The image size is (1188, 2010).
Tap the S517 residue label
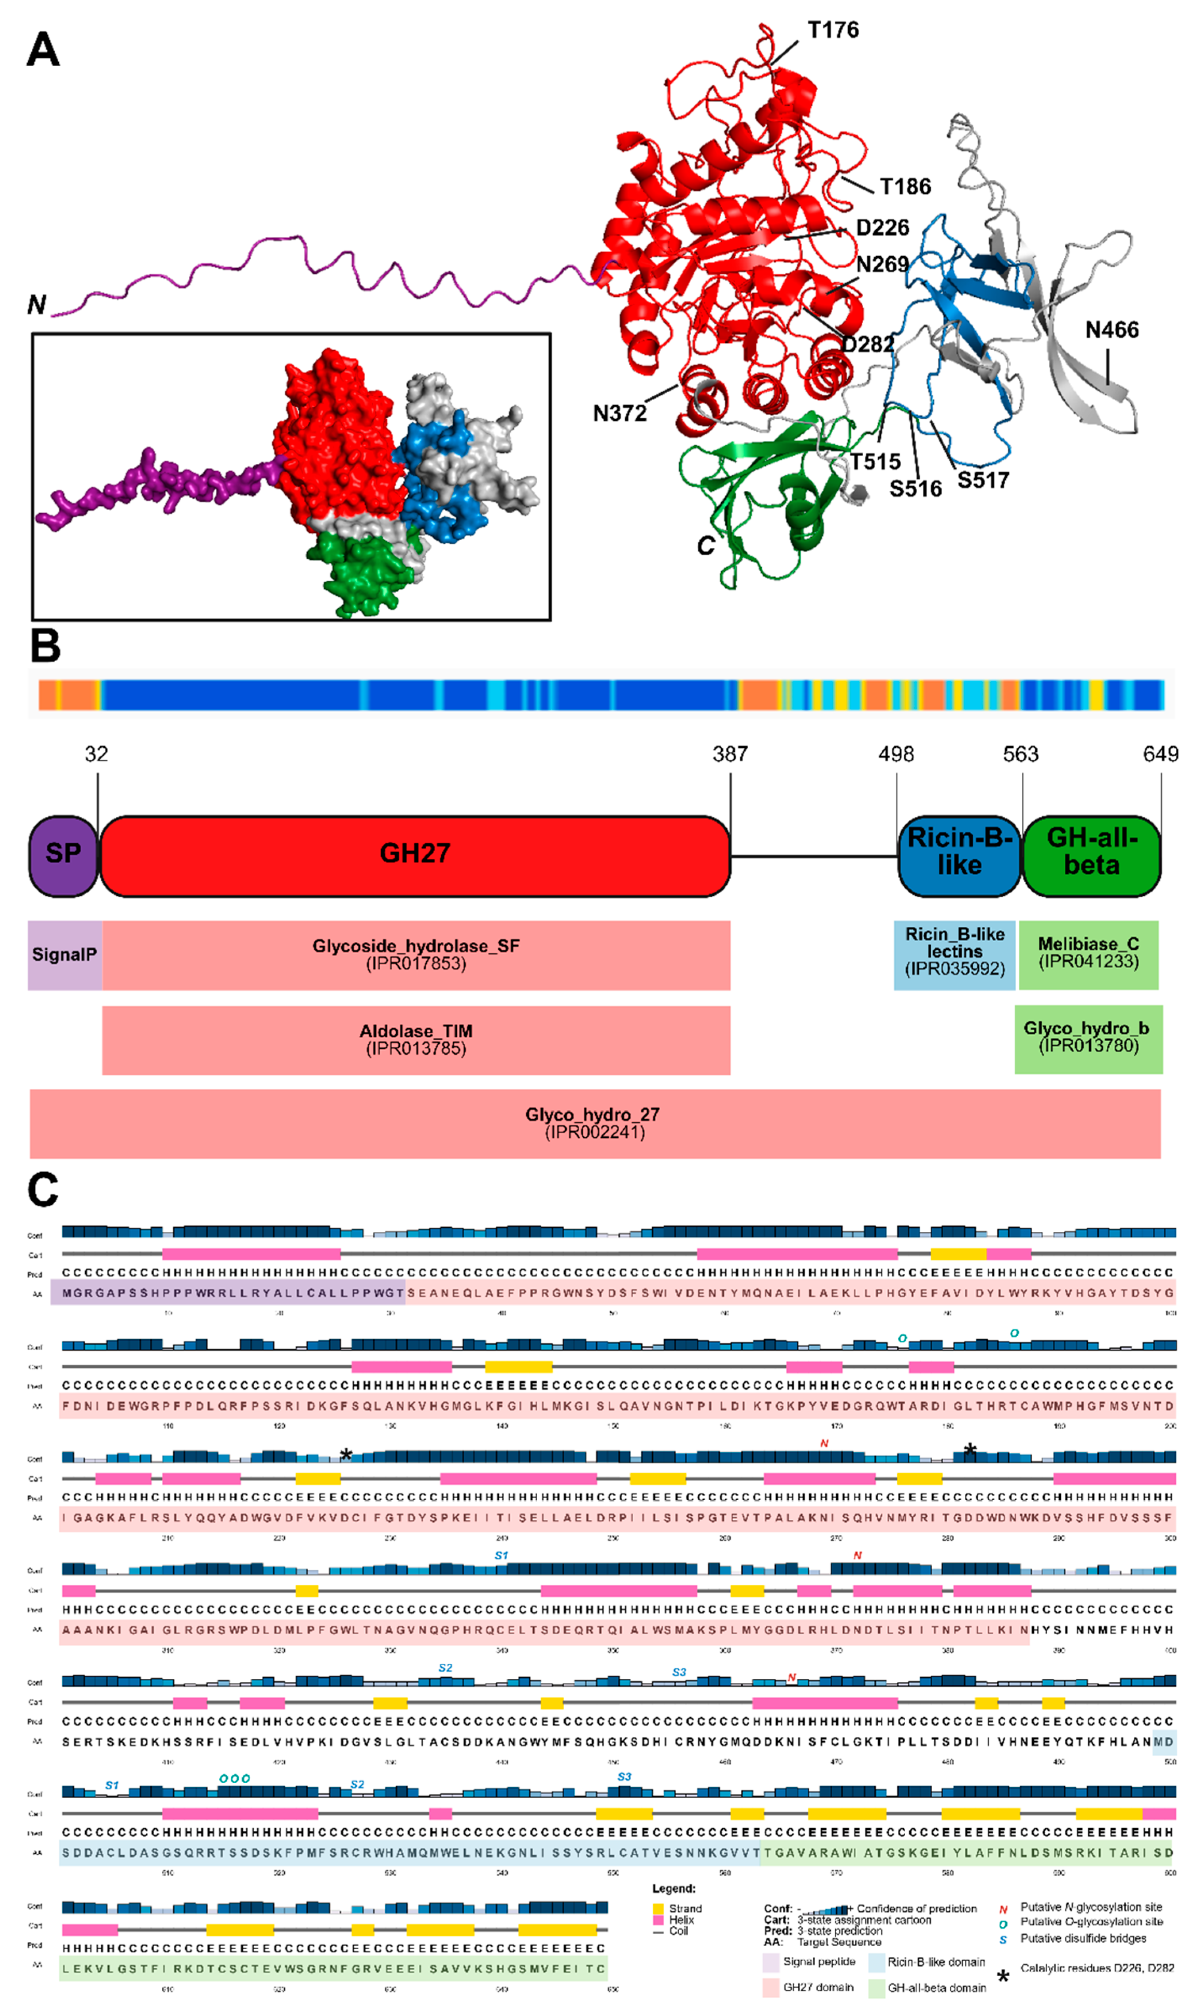tap(983, 480)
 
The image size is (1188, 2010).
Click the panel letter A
tap(43, 50)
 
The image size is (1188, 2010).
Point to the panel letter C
tap(43, 1190)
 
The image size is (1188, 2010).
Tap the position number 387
tap(730, 754)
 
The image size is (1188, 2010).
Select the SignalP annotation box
tap(64, 954)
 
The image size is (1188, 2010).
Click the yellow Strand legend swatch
tap(658, 1908)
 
